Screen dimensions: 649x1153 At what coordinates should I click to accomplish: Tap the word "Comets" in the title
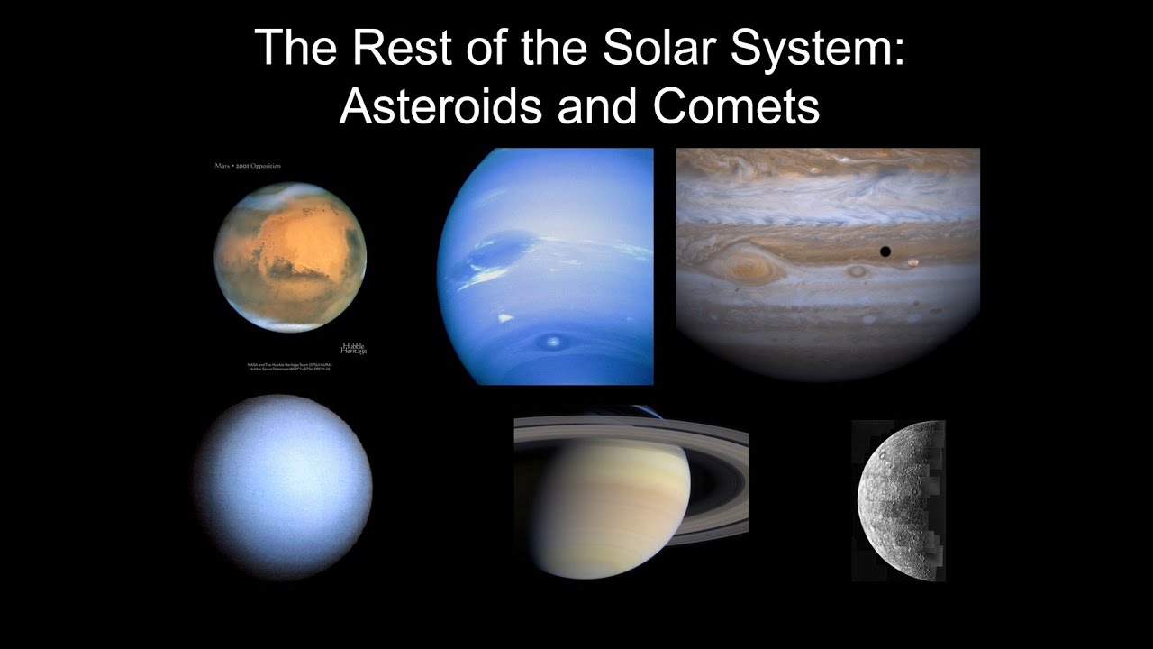[x=736, y=106]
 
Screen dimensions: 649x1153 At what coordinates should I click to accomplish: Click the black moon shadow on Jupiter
[x=885, y=251]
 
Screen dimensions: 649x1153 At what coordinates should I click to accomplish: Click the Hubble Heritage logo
[x=353, y=348]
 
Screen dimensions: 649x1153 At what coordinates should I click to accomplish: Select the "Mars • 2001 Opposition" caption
[x=247, y=166]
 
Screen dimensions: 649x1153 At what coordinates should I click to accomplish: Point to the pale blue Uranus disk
[x=283, y=487]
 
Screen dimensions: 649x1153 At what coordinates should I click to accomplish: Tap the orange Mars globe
[x=290, y=257]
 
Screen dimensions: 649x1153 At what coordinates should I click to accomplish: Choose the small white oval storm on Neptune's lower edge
[x=551, y=341]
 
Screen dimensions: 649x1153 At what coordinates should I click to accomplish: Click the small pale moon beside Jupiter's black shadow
[x=913, y=263]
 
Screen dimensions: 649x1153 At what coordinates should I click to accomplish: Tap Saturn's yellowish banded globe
[x=613, y=505]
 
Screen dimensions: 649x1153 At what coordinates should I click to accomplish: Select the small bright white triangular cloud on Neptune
[x=504, y=317]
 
